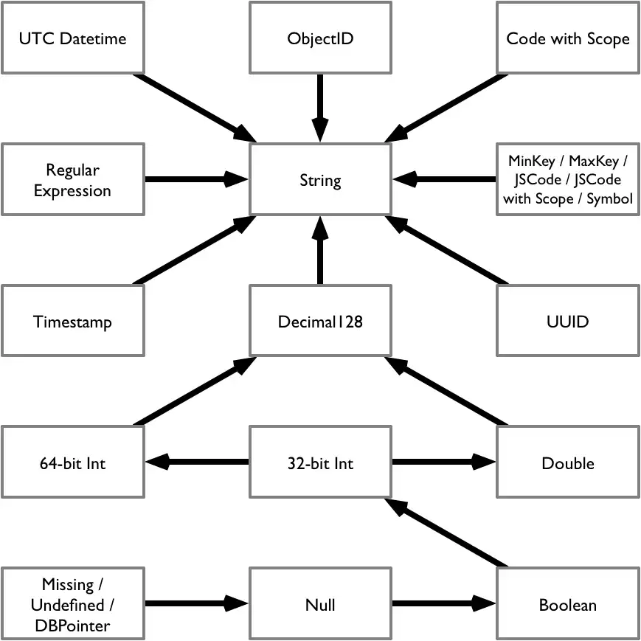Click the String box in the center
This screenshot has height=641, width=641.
click(320, 180)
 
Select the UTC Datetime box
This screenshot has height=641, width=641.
click(72, 38)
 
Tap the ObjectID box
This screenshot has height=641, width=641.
click(320, 38)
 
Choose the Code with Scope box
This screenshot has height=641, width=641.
click(568, 38)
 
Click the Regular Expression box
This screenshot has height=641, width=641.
click(72, 180)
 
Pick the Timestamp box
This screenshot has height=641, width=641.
click(72, 322)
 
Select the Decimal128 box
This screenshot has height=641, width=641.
click(320, 322)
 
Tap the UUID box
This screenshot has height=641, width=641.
click(568, 322)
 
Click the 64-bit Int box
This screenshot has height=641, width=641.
click(72, 463)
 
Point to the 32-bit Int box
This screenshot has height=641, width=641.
click(320, 463)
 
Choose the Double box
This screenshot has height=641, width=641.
click(568, 463)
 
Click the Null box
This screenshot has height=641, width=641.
click(320, 605)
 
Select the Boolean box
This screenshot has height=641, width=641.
click(568, 605)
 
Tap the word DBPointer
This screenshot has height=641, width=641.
click(72, 626)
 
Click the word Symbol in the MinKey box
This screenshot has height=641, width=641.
click(610, 199)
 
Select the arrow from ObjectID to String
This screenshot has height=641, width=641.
click(320, 107)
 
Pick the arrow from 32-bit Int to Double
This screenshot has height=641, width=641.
click(443, 462)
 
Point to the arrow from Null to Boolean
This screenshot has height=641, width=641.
click(443, 604)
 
